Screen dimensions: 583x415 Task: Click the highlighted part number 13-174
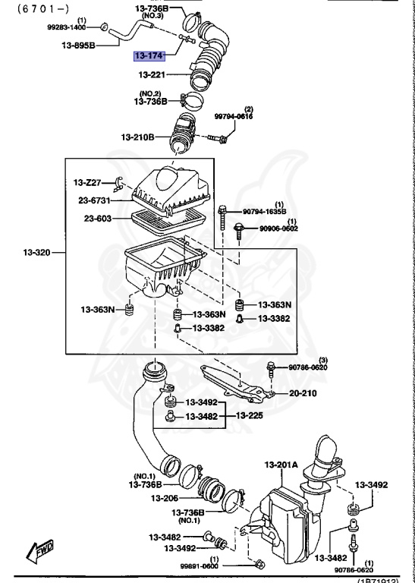(x=149, y=55)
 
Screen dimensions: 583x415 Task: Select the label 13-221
(x=152, y=74)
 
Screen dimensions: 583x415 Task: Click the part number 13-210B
(x=137, y=137)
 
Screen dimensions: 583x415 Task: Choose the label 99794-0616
(x=233, y=116)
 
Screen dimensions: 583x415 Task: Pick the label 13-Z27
(x=87, y=183)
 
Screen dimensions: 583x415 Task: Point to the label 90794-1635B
(x=264, y=212)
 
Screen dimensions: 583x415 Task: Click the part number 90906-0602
(x=278, y=228)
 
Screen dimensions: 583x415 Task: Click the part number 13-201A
(x=281, y=465)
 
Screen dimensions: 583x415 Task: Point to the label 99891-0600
(x=199, y=566)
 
